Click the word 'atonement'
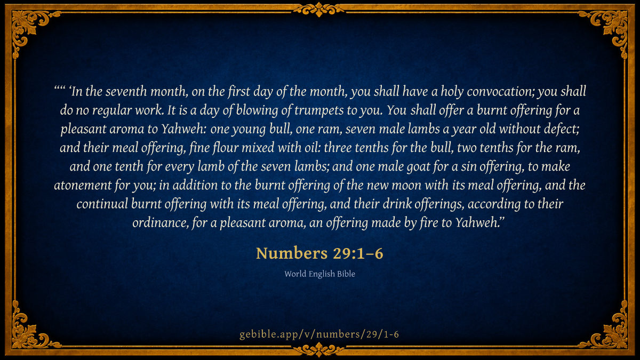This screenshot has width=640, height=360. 83,186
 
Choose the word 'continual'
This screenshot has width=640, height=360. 102,204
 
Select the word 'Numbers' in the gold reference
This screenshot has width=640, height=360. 292,253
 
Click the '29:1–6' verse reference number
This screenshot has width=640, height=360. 358,253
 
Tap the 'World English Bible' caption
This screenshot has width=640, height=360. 319,274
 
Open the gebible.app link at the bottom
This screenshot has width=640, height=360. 319,334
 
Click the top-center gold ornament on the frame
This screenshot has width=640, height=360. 319,10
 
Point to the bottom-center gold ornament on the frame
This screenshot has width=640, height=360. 319,349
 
